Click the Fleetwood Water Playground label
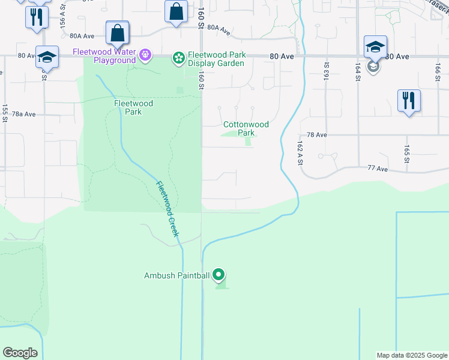104,56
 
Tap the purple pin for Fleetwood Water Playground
145,56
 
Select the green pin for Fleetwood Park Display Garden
178,58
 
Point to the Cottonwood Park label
246,128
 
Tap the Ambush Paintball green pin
219,275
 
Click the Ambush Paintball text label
176,276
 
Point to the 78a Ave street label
24,114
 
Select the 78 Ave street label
316,136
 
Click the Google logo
20,353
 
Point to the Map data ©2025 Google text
411,355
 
